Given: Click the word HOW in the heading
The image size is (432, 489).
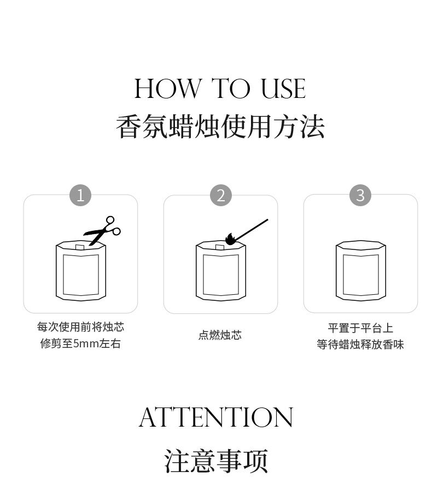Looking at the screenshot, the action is click(x=168, y=89).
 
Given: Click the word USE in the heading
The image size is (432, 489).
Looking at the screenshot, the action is click(x=283, y=89).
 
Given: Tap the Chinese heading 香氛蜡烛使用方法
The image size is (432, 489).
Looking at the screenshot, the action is click(x=220, y=126).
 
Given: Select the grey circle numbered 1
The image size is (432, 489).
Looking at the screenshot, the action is click(x=80, y=195).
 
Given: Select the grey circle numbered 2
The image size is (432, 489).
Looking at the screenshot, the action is click(x=221, y=195).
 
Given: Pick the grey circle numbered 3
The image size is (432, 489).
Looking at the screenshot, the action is click(x=360, y=195).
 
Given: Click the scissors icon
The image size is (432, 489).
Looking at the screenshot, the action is click(x=102, y=231).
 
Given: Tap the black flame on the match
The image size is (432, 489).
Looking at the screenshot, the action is click(x=230, y=239).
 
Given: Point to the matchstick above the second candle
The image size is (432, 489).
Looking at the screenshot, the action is click(x=251, y=230).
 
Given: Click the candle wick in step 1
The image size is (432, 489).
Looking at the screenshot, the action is click(x=80, y=247).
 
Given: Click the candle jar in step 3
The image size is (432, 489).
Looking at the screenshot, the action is click(x=361, y=271).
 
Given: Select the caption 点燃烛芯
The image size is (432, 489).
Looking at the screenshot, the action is click(x=220, y=335).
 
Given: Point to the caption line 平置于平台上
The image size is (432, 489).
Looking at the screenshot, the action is click(x=360, y=328).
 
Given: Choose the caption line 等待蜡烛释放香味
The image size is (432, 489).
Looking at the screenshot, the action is click(x=360, y=345).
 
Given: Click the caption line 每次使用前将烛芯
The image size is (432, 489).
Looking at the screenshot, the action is click(x=80, y=327).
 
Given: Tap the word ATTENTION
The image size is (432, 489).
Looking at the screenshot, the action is click(x=216, y=417).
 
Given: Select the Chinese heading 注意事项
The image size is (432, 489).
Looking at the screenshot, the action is click(x=216, y=461).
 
